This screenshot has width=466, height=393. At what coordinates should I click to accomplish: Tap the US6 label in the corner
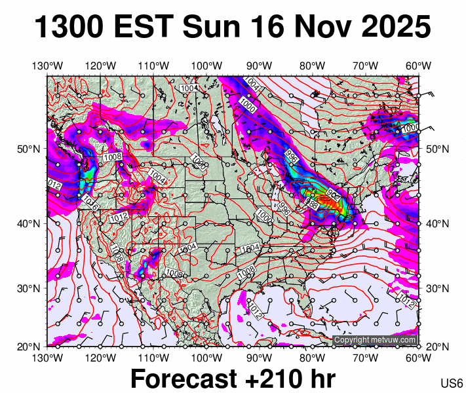452,383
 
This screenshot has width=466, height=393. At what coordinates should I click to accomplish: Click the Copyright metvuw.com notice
375,340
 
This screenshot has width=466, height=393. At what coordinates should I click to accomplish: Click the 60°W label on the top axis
418,66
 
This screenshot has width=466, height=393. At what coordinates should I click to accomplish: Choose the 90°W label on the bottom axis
260,358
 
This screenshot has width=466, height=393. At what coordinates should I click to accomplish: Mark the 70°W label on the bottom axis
366,358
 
